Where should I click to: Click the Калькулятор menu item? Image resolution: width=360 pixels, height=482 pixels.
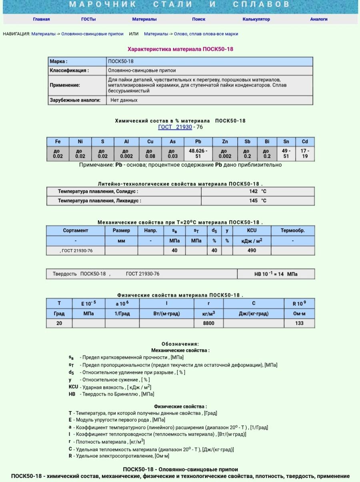256,19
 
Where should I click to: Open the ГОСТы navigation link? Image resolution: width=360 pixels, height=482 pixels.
88,19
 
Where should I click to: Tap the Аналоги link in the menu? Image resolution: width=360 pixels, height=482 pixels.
319,19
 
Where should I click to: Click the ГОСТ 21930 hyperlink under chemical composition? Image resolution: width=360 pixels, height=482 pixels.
175,127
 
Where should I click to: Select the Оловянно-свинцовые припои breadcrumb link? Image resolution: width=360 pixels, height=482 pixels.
92,34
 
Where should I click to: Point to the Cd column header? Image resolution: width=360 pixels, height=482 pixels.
305,142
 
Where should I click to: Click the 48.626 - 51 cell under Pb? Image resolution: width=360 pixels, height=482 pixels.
198,154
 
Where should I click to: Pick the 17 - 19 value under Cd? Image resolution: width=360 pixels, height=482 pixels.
305,154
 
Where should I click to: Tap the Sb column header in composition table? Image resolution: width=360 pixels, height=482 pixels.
247,142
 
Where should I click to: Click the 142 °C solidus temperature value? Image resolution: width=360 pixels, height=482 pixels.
258,191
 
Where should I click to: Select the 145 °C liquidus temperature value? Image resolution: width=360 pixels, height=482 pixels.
258,200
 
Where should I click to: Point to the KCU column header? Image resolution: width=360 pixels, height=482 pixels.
252,230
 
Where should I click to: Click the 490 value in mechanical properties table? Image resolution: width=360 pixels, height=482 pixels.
252,250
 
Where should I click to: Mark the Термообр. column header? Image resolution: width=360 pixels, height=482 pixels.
293,230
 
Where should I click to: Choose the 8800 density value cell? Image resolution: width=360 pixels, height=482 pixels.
209,323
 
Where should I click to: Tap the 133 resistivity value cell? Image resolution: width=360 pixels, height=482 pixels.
299,323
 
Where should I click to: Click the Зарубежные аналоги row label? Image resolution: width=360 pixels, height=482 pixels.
75,100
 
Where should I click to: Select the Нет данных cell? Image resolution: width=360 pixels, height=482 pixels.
124,100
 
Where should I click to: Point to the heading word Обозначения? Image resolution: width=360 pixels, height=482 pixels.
180,344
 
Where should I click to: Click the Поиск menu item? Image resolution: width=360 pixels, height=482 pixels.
199,19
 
